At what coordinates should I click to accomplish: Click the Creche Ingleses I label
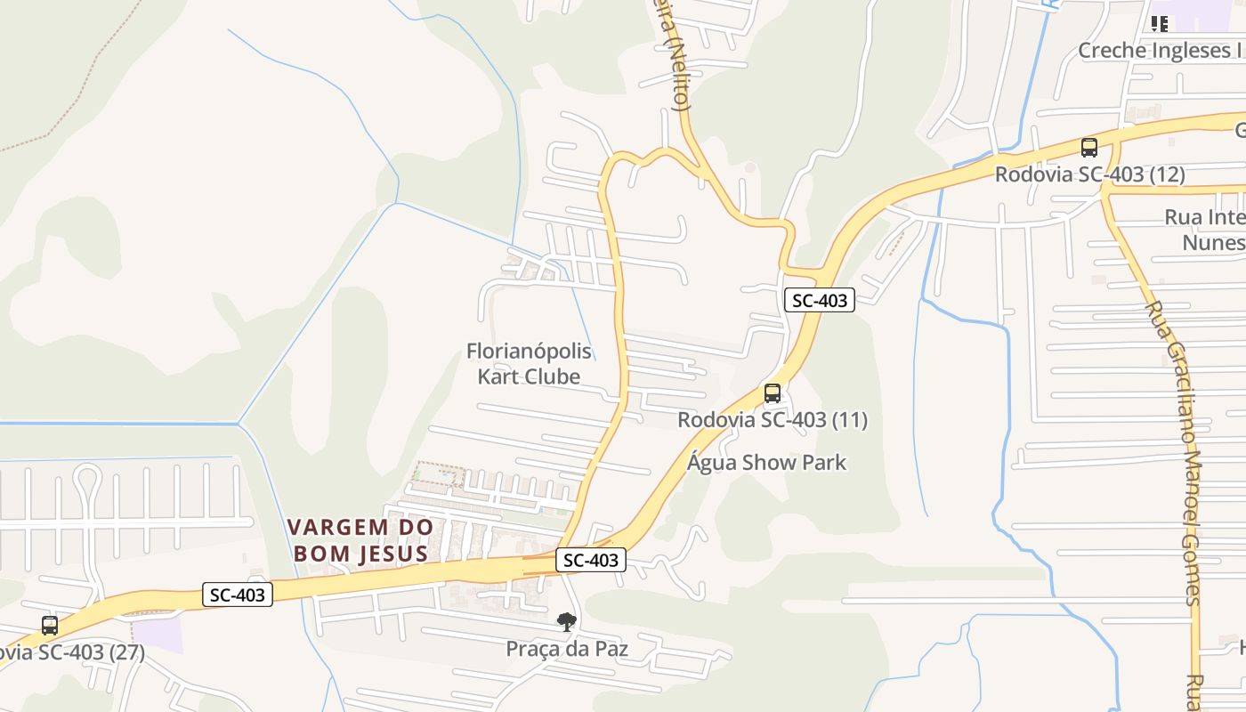(x=1160, y=51)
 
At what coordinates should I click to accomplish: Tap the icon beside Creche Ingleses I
(x=1159, y=24)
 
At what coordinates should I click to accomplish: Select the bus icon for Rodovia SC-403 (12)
(x=1088, y=148)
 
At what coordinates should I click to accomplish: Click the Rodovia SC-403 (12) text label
(x=1089, y=174)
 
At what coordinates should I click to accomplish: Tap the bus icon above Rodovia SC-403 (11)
(x=773, y=393)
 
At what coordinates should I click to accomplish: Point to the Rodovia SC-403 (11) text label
(x=773, y=420)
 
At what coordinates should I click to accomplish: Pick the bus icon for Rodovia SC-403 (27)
(x=50, y=626)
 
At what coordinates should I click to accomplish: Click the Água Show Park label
(x=767, y=463)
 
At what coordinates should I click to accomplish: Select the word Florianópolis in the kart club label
(x=529, y=352)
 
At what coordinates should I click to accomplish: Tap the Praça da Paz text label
(x=567, y=649)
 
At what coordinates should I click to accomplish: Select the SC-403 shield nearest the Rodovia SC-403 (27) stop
(x=237, y=595)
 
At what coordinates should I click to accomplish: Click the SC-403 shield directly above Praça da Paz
(x=591, y=560)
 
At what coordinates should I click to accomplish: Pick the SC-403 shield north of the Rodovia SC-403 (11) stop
(x=819, y=300)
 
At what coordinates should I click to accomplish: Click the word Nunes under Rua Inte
(x=1212, y=243)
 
